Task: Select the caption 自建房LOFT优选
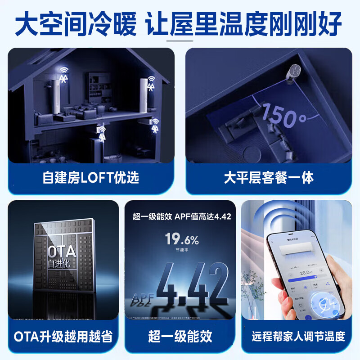coord(91,177)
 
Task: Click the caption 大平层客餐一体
coord(269,177)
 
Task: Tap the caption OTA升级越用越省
coord(63,336)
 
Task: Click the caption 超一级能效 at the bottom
coord(180,336)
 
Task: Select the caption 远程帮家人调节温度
coord(298,336)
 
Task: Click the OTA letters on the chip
coord(63,251)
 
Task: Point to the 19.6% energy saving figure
coord(181,238)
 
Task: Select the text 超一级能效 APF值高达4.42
coord(181,216)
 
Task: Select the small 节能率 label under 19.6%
coord(181,250)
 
